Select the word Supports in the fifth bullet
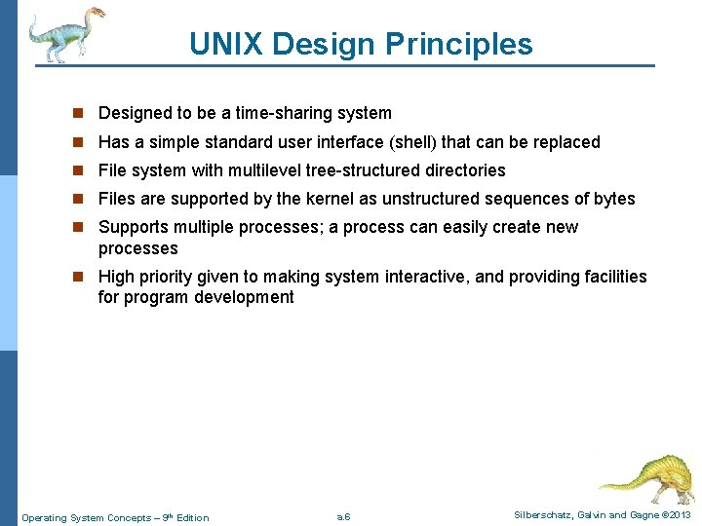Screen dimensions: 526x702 (x=134, y=227)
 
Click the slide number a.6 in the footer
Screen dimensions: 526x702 (x=343, y=516)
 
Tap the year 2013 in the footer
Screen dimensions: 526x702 (x=680, y=514)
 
